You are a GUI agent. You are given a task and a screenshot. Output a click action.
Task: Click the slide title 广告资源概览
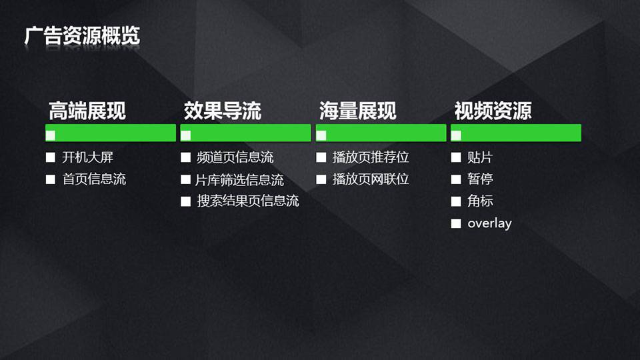[82, 35]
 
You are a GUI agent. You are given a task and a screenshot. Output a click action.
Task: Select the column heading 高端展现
[87, 111]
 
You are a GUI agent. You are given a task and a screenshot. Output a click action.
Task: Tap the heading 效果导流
[223, 111]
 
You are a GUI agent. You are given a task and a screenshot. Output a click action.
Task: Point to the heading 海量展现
[357, 111]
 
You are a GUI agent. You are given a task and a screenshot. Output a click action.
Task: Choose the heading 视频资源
[493, 111]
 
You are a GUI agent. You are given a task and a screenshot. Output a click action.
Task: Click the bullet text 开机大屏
[88, 157]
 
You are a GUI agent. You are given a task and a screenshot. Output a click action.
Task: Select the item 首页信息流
[94, 179]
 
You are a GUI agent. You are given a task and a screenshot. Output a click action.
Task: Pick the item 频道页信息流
[235, 157]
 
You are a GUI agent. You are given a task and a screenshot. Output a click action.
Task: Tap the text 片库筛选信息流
[239, 179]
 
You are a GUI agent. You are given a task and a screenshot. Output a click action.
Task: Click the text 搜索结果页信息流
[248, 201]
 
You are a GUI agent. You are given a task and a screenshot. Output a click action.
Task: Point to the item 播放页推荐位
[371, 157]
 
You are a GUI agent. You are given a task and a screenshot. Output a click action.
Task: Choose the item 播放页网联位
[371, 179]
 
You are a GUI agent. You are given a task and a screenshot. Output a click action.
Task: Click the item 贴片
[481, 157]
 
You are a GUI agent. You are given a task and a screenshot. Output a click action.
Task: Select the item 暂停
[481, 179]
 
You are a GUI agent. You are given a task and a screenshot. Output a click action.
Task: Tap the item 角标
[481, 201]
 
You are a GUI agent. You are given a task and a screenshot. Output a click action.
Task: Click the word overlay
[489, 223]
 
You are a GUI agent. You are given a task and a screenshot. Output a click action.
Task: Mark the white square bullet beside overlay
[456, 223]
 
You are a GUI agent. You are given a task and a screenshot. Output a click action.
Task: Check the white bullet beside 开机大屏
[51, 157]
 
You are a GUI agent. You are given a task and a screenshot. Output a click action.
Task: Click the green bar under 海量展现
[381, 133]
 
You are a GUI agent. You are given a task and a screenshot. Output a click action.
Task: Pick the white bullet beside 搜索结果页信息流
[186, 201]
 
